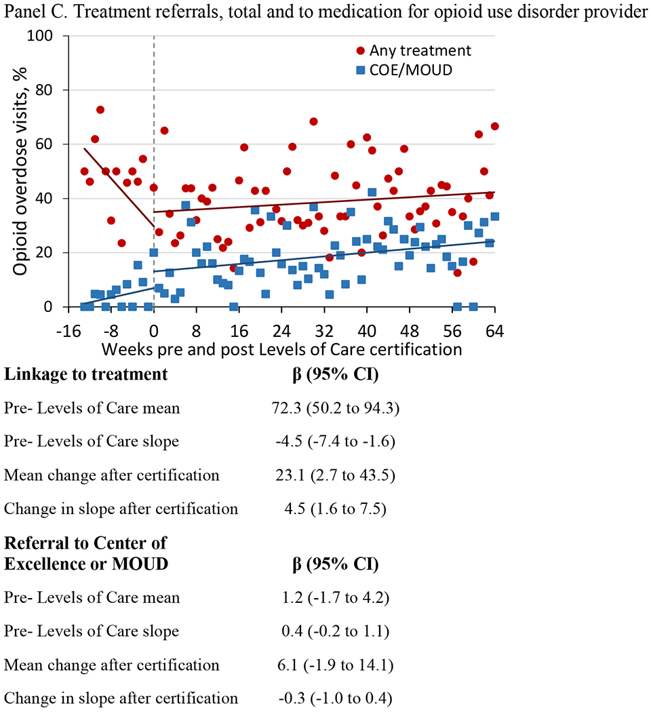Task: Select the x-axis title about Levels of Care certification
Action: tap(282, 351)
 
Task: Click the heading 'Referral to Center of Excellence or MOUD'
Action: tap(86, 553)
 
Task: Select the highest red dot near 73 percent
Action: tap(100, 110)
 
